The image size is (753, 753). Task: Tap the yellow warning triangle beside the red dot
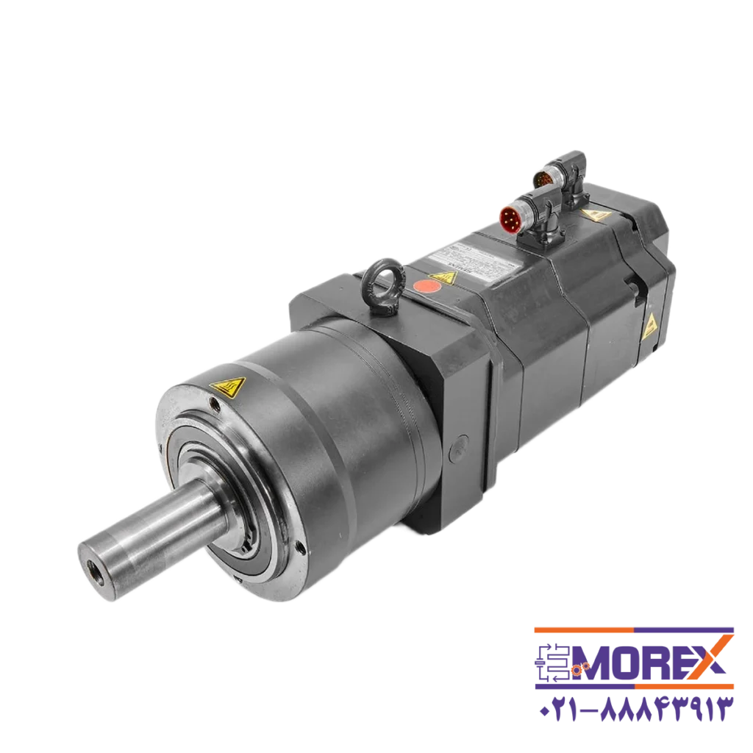pos(443,276)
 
